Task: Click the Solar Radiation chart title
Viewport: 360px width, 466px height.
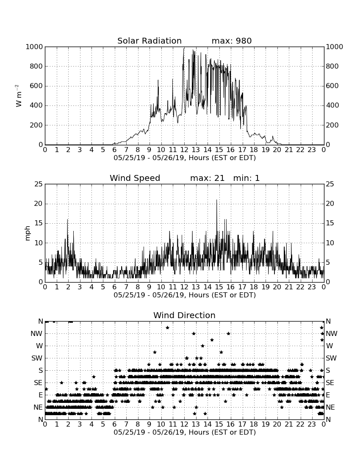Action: coord(150,41)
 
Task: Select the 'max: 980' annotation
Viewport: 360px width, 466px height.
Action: coord(232,41)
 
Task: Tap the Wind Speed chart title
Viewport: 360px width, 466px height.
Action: coord(135,178)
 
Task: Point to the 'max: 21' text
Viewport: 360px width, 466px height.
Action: coord(208,178)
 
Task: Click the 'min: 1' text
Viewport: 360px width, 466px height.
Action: coord(246,178)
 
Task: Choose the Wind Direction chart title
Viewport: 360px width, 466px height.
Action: coord(185,315)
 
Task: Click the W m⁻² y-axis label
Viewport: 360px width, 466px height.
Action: coord(19,96)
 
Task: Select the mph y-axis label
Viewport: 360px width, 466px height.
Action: coord(28,233)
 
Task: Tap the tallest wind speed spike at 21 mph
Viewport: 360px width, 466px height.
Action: coord(216,200)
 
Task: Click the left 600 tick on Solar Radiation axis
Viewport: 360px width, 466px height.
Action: coord(36,86)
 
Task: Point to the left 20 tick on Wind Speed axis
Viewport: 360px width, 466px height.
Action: coord(39,204)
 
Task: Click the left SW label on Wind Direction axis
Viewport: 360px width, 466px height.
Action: coord(37,358)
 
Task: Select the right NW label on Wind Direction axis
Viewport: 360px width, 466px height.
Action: coord(332,333)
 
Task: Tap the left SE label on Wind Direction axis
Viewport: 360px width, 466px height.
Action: coord(38,383)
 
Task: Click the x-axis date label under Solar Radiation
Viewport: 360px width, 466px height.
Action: coord(185,158)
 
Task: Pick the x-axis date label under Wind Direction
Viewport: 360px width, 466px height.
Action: coord(185,433)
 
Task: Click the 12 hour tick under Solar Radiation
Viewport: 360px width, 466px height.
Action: coord(184,150)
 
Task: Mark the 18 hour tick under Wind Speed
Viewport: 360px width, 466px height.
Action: coord(254,287)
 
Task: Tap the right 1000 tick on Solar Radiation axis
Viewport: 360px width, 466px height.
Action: coord(335,47)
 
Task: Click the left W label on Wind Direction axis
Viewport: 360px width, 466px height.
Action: coord(39,346)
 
